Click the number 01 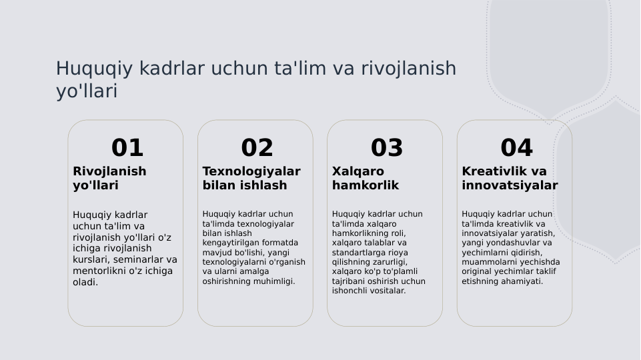pos(127,148)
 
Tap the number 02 pos(257,148)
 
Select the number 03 pos(387,148)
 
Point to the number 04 pos(516,148)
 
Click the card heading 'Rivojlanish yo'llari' pos(109,178)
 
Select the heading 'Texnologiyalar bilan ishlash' pos(251,178)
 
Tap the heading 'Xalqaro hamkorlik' pos(365,178)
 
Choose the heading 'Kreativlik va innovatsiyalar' pos(510,178)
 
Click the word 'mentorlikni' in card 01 pos(98,271)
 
